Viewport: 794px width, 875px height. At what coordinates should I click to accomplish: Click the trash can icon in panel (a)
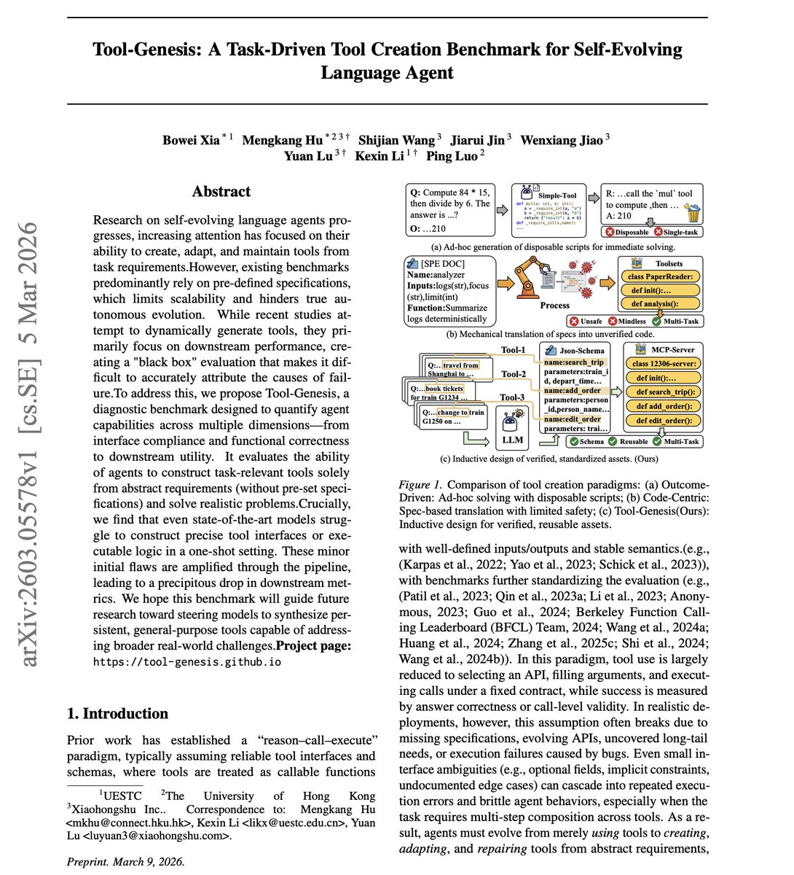[693, 214]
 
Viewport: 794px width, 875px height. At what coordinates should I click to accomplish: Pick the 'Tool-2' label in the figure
[514, 374]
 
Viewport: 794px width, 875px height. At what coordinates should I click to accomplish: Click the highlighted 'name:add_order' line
[573, 391]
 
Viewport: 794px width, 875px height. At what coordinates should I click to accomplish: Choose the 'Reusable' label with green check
[633, 441]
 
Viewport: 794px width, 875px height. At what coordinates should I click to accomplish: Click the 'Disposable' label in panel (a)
[626, 232]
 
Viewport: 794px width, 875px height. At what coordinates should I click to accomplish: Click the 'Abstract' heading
[221, 192]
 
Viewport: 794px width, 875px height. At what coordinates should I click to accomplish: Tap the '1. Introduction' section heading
[117, 713]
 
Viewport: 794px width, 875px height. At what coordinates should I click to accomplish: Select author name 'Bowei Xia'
[191, 140]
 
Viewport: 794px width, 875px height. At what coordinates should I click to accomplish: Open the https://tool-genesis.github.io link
[186, 661]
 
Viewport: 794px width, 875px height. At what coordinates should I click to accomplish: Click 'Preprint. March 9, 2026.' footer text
[125, 861]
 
